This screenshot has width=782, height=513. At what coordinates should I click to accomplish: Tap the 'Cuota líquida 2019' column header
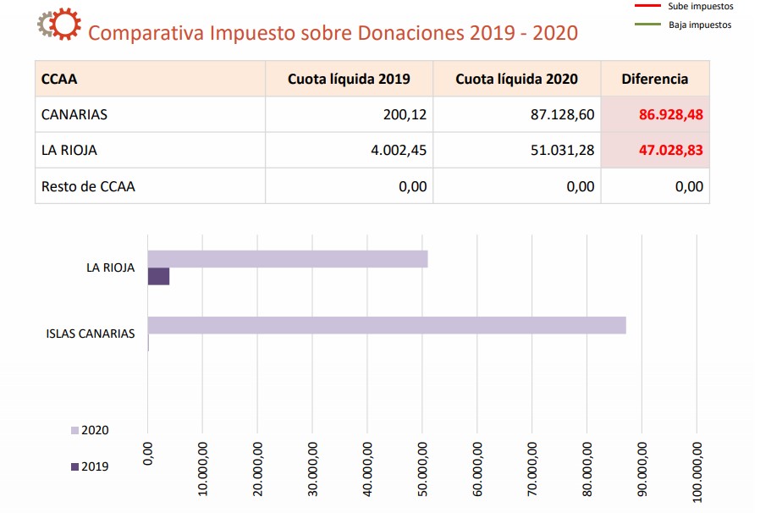pos(349,79)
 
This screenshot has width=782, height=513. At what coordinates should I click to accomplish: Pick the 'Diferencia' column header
pos(654,79)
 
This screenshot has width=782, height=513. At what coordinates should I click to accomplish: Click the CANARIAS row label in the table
pos(74,114)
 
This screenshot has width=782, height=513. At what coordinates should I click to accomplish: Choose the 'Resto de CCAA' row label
pos(88,186)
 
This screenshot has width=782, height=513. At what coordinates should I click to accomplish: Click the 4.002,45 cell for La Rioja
pos(402,150)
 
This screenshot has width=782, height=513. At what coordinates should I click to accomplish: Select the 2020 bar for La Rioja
pos(288,259)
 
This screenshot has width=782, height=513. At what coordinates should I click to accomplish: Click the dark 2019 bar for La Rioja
pos(158,277)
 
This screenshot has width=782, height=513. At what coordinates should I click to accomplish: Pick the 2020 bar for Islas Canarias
pos(387,325)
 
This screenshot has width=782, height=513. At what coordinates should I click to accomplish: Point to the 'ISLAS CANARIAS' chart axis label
pos(90,334)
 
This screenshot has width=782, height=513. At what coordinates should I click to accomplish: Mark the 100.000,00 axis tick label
pos(697,467)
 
